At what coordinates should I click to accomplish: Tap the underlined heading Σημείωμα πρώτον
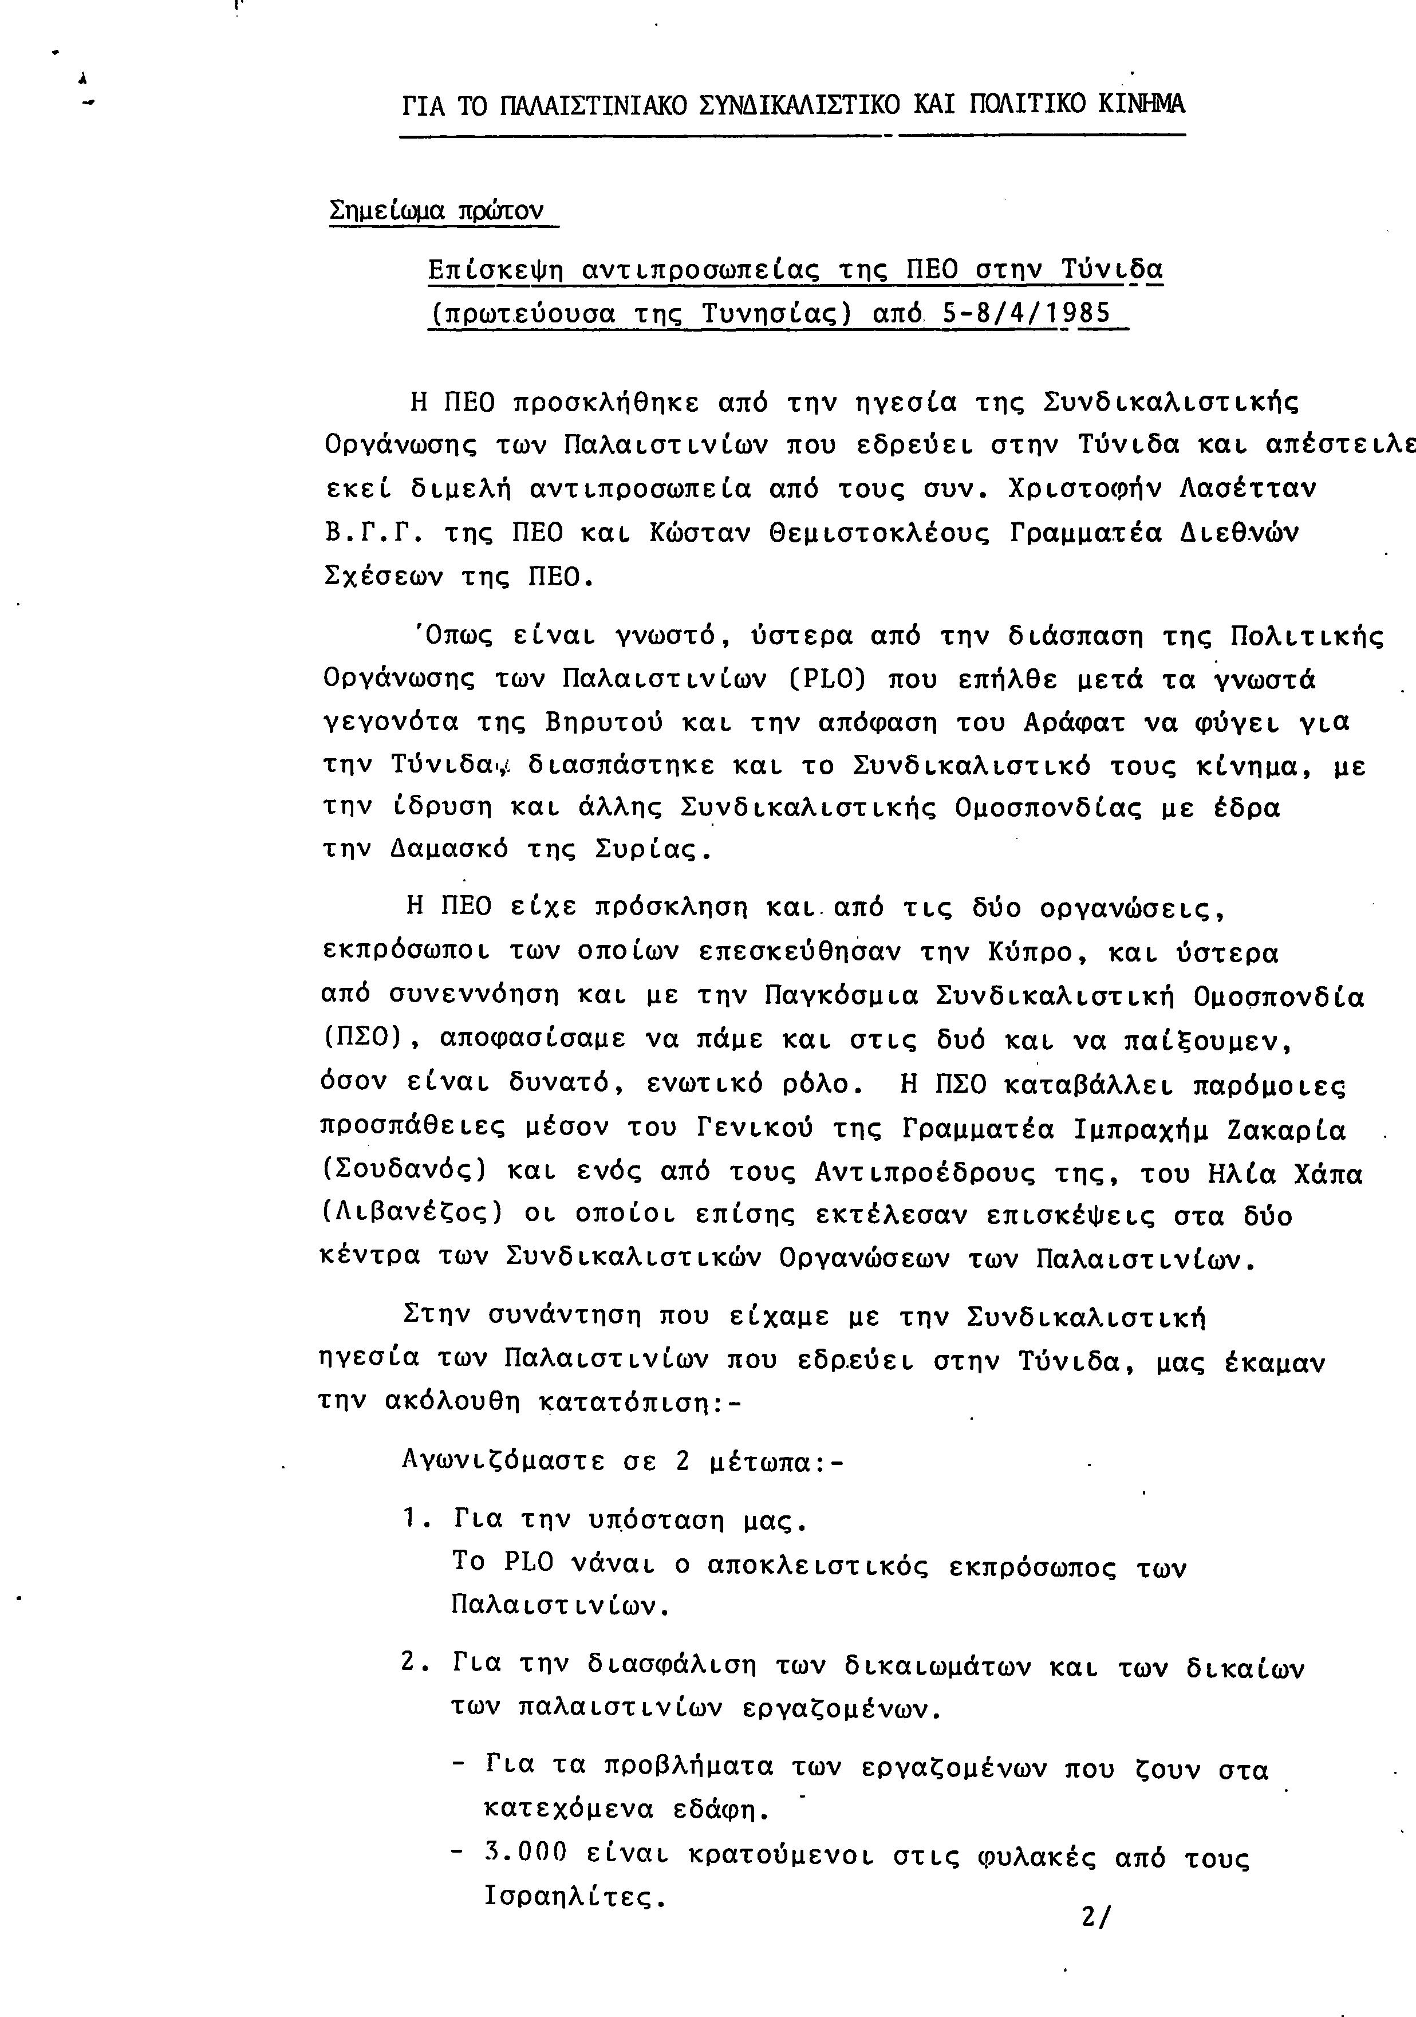pos(436,212)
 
